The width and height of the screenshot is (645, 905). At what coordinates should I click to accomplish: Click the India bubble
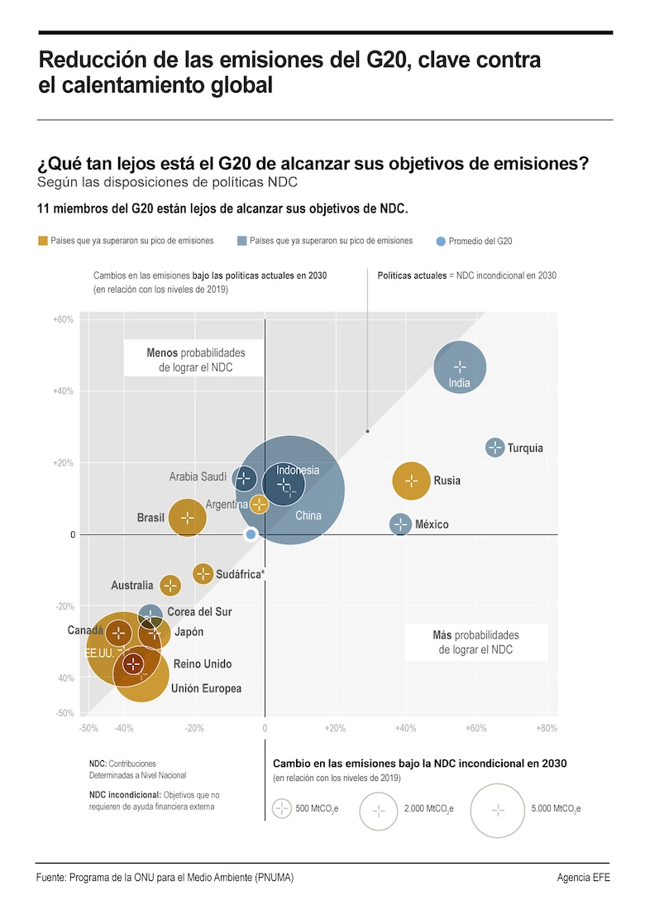coord(460,366)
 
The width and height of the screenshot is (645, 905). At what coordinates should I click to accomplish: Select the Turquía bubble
coord(494,448)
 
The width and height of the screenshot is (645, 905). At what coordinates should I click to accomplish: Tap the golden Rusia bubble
coord(411,481)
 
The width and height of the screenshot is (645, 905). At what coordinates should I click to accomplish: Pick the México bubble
coord(400,524)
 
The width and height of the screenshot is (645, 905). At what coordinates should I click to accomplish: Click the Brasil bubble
coord(188,518)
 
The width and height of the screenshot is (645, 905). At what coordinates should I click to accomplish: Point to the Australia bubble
coord(170,586)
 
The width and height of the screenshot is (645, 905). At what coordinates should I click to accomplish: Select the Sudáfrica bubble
coord(203,573)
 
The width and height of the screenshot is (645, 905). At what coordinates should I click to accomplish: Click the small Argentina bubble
coord(259,504)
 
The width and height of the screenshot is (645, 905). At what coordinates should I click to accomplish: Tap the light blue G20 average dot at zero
coord(251,534)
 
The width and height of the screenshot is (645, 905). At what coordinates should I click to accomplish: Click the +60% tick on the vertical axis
coord(64,319)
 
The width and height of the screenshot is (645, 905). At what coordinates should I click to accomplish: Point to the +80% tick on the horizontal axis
coord(547,728)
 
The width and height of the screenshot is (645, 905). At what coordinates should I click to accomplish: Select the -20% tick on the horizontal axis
coord(194,728)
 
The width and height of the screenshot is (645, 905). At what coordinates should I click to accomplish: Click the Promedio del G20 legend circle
coord(441,242)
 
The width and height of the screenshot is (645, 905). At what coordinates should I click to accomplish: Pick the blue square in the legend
coord(241,241)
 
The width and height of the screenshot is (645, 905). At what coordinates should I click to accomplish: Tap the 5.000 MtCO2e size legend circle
coord(498,810)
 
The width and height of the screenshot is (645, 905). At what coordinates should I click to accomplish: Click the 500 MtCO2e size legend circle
coord(282,810)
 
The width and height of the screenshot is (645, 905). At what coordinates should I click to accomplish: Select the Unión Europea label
coord(206,688)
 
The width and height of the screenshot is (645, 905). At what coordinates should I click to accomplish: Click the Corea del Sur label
coord(199,612)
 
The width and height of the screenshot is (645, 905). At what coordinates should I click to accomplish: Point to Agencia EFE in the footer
coord(583,878)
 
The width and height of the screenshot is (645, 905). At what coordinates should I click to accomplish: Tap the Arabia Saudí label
coord(198,477)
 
